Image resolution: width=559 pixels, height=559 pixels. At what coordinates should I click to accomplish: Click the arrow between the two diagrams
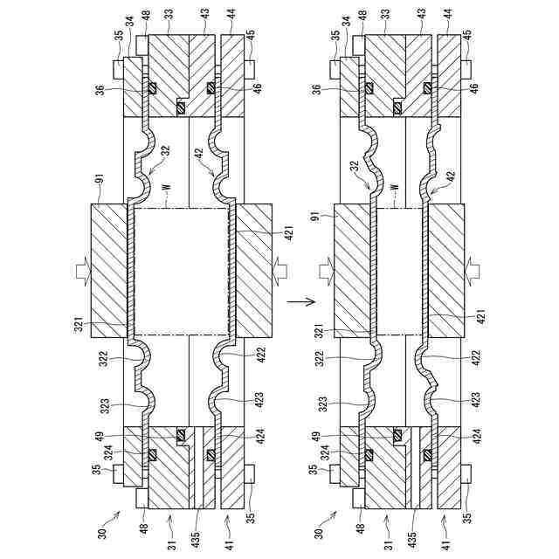click(x=304, y=302)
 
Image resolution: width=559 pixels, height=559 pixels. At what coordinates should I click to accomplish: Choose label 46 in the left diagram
click(x=257, y=88)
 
